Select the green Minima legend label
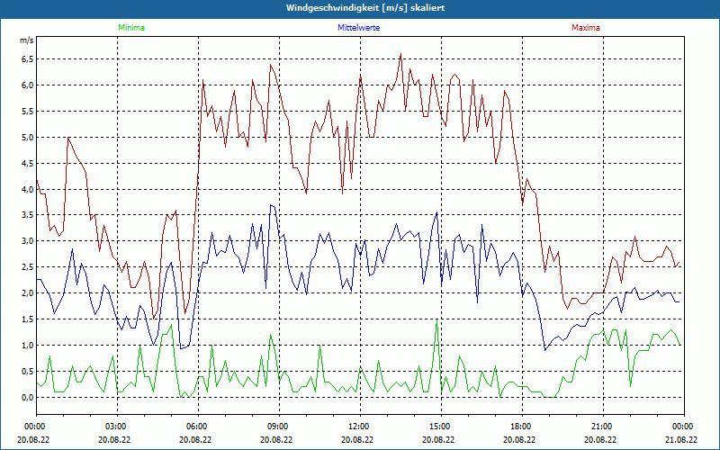130,28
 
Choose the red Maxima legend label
586,28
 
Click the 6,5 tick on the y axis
27,59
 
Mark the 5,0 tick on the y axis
27,138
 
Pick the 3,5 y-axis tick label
27,215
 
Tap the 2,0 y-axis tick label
27,293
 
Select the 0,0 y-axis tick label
27,398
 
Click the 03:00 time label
116,427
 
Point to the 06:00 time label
197,427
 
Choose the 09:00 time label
278,427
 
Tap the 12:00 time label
359,427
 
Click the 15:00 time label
440,427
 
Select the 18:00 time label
521,427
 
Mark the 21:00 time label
602,427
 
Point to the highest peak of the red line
400,54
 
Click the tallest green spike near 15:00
436,321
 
